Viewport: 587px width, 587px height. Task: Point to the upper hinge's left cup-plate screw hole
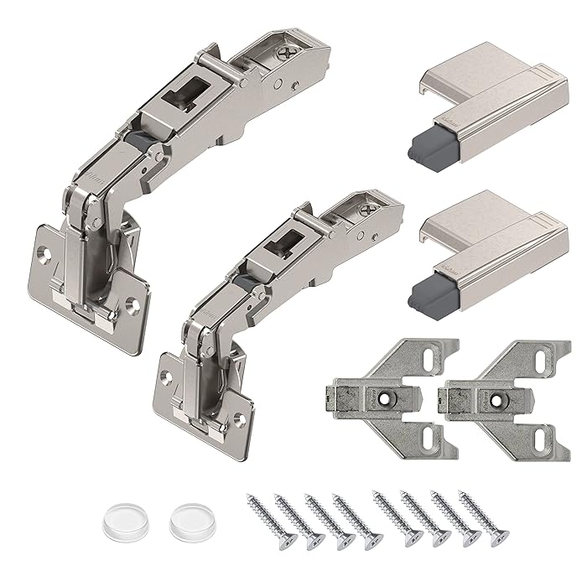click(43, 250)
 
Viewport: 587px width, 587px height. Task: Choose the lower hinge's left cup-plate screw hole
click(165, 382)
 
